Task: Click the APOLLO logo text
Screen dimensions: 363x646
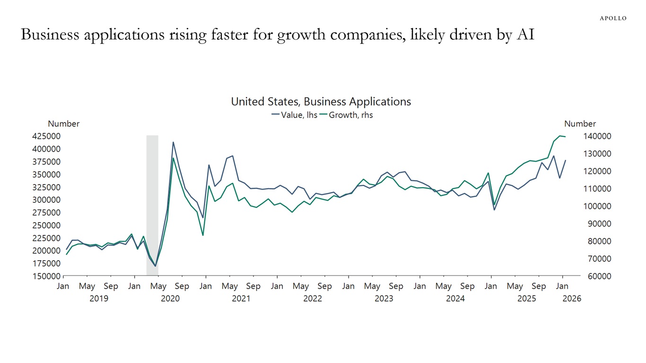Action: tap(613, 18)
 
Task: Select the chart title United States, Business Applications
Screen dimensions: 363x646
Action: tap(321, 102)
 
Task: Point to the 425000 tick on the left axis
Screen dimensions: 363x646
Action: tap(47, 136)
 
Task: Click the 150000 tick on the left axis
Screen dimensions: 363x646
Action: tap(47, 276)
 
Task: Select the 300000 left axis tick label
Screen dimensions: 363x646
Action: tap(47, 200)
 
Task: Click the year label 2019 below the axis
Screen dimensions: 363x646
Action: tap(98, 299)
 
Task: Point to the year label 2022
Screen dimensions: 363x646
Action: tap(312, 299)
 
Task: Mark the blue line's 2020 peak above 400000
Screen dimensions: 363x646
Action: tap(173, 142)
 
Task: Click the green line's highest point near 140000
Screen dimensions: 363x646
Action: tap(559, 136)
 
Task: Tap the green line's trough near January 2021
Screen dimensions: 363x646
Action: tap(203, 235)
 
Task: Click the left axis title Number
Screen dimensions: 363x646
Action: tap(63, 124)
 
